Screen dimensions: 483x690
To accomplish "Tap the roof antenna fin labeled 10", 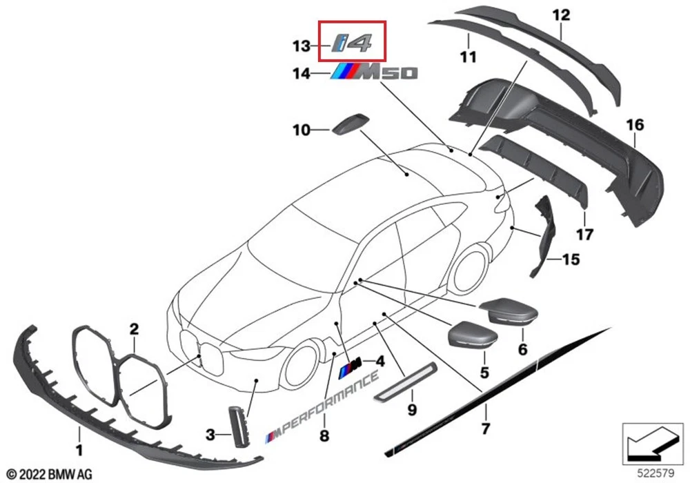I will [x=351, y=125].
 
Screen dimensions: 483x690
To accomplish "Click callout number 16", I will [x=635, y=125].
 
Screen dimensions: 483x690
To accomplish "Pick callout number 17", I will [x=584, y=235].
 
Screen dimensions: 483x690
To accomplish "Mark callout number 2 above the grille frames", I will [x=134, y=328].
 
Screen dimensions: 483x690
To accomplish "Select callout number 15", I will [x=571, y=260].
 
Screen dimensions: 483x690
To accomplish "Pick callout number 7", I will [x=485, y=429].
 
